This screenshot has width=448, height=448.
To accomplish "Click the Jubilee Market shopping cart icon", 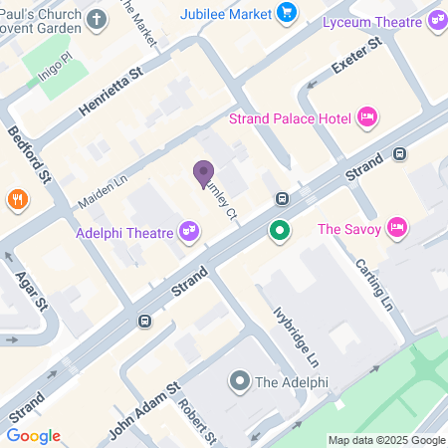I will coord(288,12).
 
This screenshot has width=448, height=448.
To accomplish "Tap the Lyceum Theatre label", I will coord(377,19).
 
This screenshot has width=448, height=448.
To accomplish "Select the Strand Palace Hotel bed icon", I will coord(365,118).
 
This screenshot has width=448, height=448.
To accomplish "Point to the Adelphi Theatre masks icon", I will coord(188,232).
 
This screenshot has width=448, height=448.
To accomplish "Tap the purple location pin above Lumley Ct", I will coord(203,174).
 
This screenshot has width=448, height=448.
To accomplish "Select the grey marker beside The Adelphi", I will coord(239,380).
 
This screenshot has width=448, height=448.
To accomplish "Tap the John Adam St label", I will coord(143,398).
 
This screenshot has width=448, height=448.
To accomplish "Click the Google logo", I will coord(33,436).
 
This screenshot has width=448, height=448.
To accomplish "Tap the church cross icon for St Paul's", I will coord(96,19).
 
